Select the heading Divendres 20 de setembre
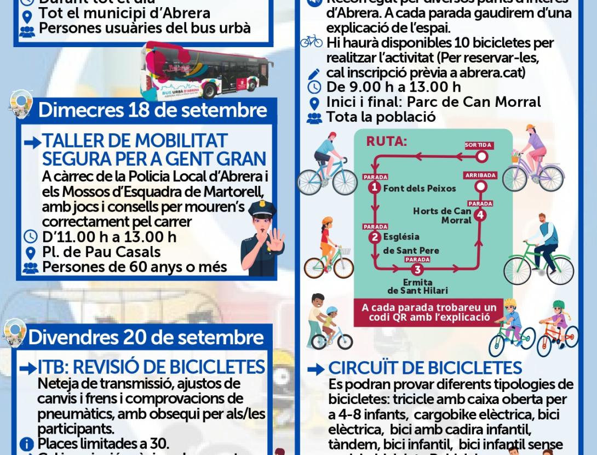coord(146,337)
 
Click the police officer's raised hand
coord(275,242)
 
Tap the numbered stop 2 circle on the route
coord(375,237)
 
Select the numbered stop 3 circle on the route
coord(418,269)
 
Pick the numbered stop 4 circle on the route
coord(480,214)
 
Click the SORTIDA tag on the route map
coord(478,145)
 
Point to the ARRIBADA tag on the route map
coord(480,175)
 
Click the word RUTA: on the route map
coord(387,141)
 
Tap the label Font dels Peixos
coord(420,189)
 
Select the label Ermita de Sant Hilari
coord(418,286)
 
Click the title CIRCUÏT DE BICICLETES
coord(425,368)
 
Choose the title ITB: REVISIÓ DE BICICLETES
coord(151,367)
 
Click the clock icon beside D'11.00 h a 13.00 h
coord(31,237)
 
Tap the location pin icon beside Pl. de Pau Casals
coord(31,253)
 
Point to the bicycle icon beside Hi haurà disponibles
coord(312,42)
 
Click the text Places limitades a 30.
coord(103,443)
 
